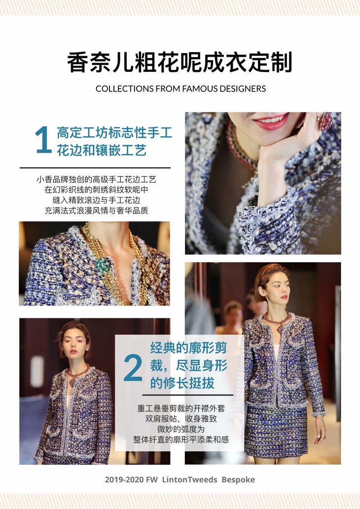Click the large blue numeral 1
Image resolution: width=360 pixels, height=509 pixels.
(43, 139)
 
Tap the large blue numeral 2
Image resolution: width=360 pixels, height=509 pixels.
(133, 368)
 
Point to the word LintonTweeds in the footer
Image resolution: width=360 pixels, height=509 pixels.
(190, 479)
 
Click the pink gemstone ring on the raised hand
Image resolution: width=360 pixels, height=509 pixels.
(326, 122)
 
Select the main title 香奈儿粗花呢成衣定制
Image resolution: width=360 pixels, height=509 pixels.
(180, 62)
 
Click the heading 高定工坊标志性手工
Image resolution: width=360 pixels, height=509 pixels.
(114, 133)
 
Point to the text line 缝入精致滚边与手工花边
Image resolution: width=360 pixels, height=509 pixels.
(96, 200)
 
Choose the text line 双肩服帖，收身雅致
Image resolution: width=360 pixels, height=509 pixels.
(181, 418)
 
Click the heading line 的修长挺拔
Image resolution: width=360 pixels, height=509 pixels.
(182, 383)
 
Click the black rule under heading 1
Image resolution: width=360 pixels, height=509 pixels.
(95, 168)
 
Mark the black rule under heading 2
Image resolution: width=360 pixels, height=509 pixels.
(188, 395)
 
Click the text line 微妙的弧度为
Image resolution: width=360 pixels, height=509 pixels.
(181, 429)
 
